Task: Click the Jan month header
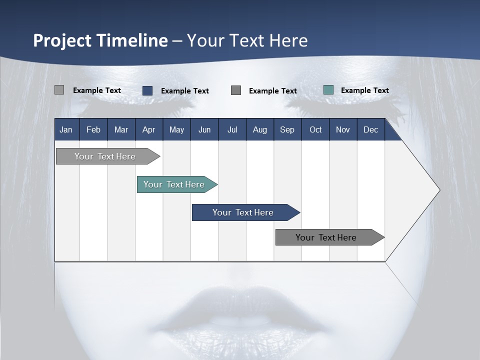66,129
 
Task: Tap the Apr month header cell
148,129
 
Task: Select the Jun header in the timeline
204,129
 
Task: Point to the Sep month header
287,129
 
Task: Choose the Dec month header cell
370,129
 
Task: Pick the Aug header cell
259,129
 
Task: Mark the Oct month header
315,129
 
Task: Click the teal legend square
328,90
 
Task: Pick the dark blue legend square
147,90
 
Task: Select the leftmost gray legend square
59,90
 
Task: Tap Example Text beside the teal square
364,90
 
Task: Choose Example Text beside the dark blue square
184,91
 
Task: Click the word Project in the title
62,40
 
